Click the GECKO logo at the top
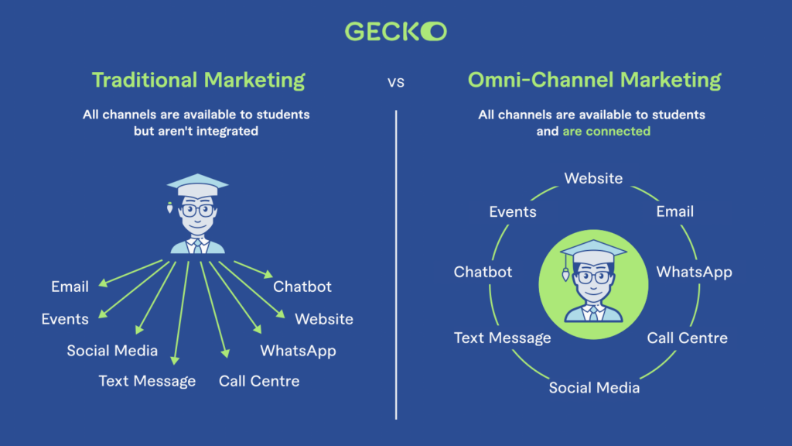(x=395, y=31)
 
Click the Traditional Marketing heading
(x=198, y=80)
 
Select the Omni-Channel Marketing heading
(x=594, y=80)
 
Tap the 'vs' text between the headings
(x=396, y=81)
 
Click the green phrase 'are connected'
(x=606, y=131)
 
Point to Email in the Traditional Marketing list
(x=70, y=286)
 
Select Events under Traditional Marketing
(x=65, y=319)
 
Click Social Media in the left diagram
(x=112, y=351)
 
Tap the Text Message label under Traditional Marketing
(x=147, y=381)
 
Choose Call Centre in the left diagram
(x=259, y=381)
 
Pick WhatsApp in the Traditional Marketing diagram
(x=298, y=351)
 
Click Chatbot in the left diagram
(x=302, y=286)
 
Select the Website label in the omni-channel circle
(x=593, y=178)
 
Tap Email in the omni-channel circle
(x=674, y=211)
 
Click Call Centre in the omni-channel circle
(x=687, y=338)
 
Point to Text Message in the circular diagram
(x=502, y=338)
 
